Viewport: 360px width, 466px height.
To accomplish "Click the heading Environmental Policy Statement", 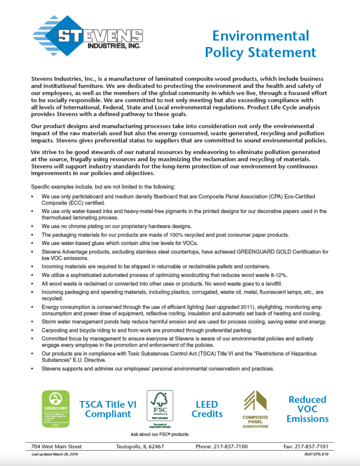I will pos(260,44).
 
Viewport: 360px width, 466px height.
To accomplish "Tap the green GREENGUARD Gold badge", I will pos(54,408).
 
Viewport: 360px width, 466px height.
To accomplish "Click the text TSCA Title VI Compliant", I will pos(108,409).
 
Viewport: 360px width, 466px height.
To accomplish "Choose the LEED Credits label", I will pos(207,409).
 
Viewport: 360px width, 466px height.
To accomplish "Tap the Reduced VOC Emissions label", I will pos(307,408).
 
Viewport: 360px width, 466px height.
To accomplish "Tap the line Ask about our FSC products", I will pos(160,434).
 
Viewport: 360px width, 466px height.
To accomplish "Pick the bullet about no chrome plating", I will pos(116,226).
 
